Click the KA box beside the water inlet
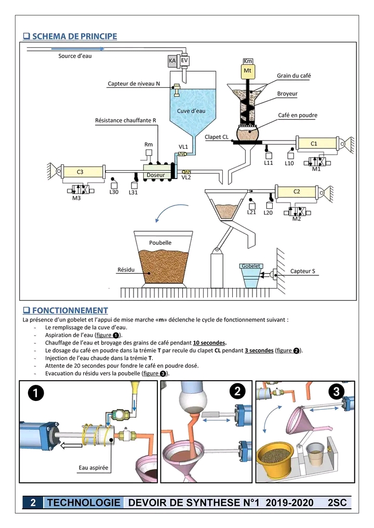click(172, 61)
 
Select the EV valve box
click(184, 61)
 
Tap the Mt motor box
click(248, 71)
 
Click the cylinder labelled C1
click(315, 143)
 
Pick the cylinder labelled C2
click(297, 191)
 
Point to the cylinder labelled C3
click(81, 172)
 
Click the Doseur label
click(155, 175)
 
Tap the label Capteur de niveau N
click(133, 84)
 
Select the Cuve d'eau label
click(191, 110)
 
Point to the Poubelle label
click(160, 242)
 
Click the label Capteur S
click(302, 271)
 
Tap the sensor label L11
click(269, 163)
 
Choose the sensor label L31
click(133, 192)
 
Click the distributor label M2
click(297, 218)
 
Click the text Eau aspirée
click(94, 468)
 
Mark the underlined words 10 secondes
click(209, 343)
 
